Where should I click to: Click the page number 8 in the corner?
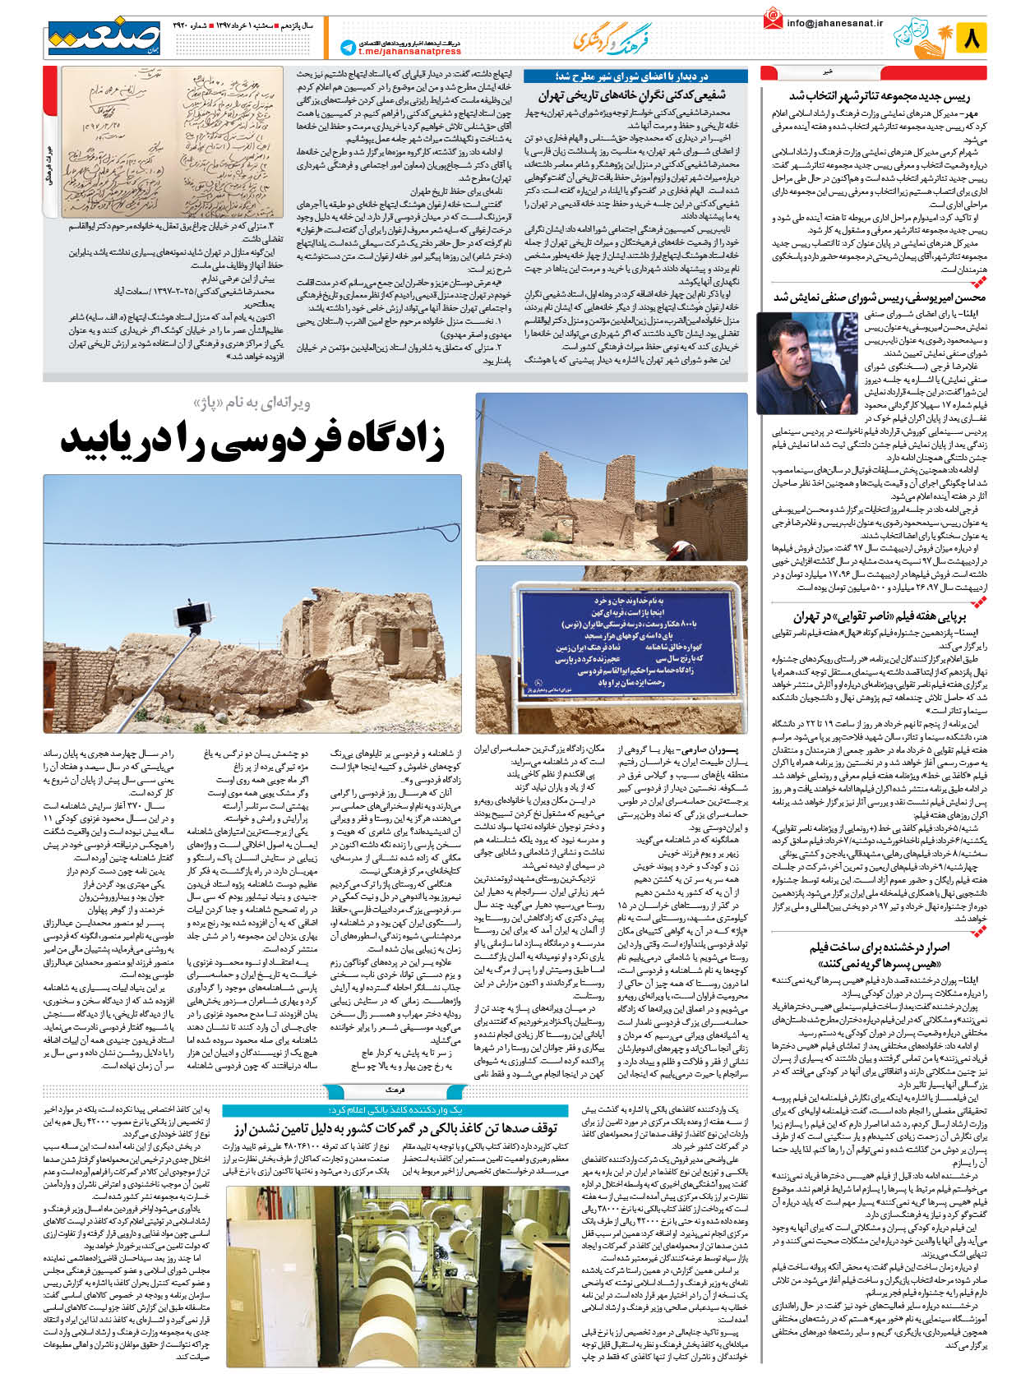[971, 38]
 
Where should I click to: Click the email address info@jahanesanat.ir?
[834, 23]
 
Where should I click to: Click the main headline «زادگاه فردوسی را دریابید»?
[252, 441]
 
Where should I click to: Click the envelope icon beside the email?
[772, 19]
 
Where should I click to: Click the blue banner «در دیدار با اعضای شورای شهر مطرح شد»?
[635, 76]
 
